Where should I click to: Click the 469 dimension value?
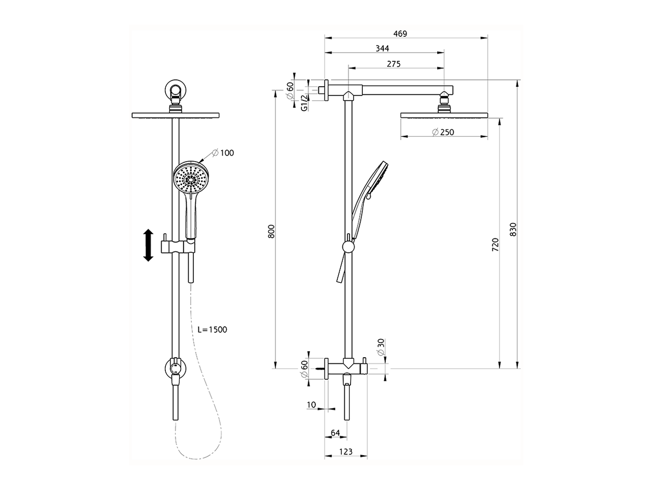400,34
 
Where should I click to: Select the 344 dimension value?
382,48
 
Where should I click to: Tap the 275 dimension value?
394,64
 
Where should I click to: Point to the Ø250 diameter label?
443,132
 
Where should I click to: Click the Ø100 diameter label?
222,153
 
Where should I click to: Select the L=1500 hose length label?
212,330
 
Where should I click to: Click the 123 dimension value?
346,452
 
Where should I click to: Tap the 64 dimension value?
335,433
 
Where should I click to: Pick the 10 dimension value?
311,405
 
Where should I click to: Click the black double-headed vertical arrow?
148,246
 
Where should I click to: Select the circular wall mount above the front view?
176,90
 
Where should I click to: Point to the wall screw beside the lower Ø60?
320,367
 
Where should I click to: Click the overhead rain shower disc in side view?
444,115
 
